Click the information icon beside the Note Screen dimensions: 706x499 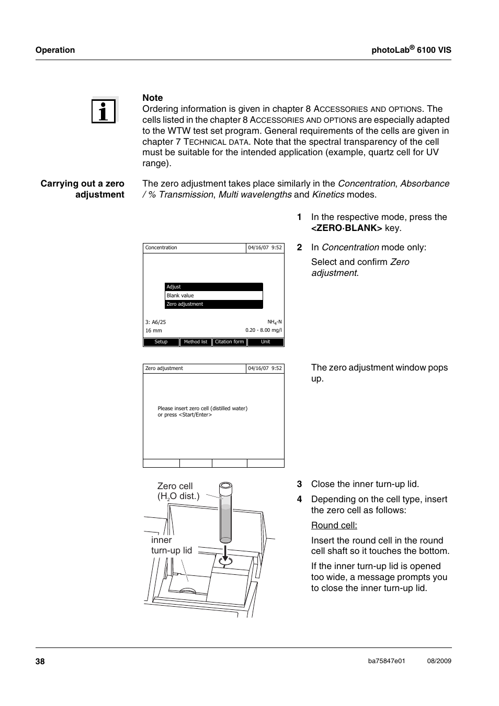(x=104, y=111)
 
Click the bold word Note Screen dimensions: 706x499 (x=153, y=98)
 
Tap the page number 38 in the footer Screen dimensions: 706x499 (x=40, y=662)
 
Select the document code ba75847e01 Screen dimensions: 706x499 (x=387, y=661)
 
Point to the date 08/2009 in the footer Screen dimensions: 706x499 (x=439, y=661)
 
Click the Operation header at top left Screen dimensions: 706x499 (x=55, y=50)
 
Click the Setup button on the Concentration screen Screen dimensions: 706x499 (x=161, y=342)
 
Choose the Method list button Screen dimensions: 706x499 (x=196, y=342)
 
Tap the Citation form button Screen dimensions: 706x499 (x=229, y=342)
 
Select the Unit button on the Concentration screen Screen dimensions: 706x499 (x=266, y=342)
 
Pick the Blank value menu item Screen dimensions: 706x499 (x=213, y=296)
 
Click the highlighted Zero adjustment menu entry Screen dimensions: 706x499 (x=213, y=304)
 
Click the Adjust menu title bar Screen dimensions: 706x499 (x=213, y=287)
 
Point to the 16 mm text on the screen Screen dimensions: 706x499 (x=154, y=331)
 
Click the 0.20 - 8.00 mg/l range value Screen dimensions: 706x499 (x=264, y=330)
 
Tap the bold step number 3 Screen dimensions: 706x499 (x=300, y=484)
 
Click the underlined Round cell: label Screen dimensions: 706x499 (x=334, y=526)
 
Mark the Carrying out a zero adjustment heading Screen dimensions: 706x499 (x=83, y=189)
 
